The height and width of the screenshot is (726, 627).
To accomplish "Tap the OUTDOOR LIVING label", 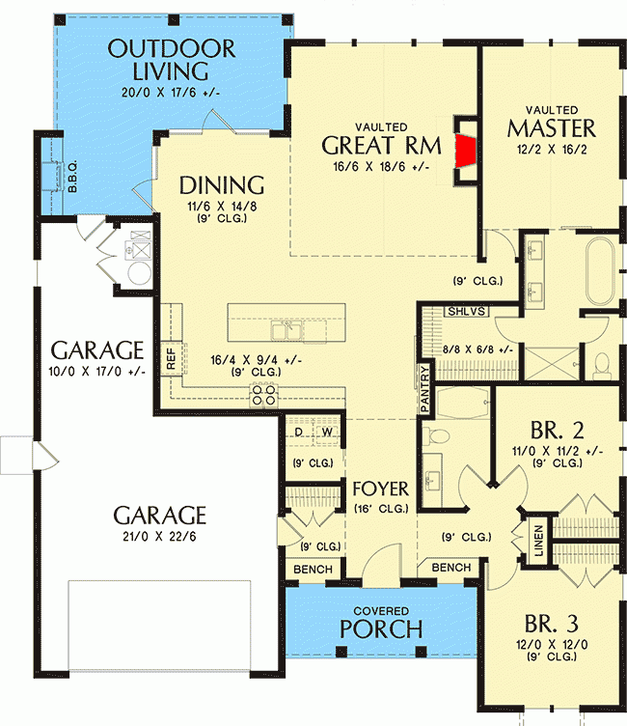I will (172, 60).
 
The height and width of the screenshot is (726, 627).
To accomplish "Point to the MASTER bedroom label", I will (552, 128).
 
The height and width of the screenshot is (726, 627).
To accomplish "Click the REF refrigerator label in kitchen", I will (172, 360).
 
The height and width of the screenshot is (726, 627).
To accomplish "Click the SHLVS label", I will (466, 313).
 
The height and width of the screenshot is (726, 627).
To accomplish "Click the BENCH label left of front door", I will (312, 570).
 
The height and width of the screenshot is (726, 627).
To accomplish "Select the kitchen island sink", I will (286, 332).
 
